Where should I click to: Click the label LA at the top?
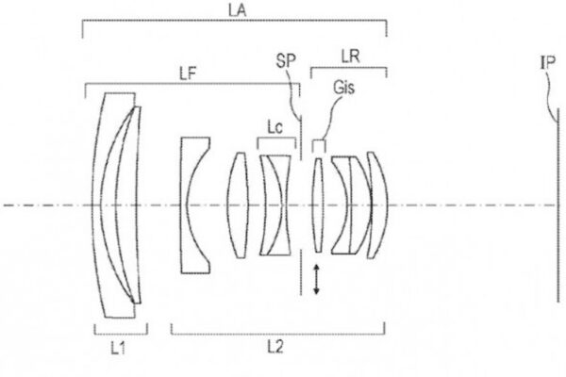coord(237,10)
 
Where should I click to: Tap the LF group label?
coord(188,74)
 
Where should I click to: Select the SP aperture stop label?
coord(286,60)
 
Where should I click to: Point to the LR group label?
coord(351,57)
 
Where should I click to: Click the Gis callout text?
coord(344,88)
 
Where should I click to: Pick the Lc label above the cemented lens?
coord(275,127)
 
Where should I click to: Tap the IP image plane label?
coord(547,63)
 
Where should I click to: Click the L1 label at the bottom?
coord(118,348)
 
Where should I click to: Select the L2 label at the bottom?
coord(275,347)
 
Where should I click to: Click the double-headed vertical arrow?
coord(316,279)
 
